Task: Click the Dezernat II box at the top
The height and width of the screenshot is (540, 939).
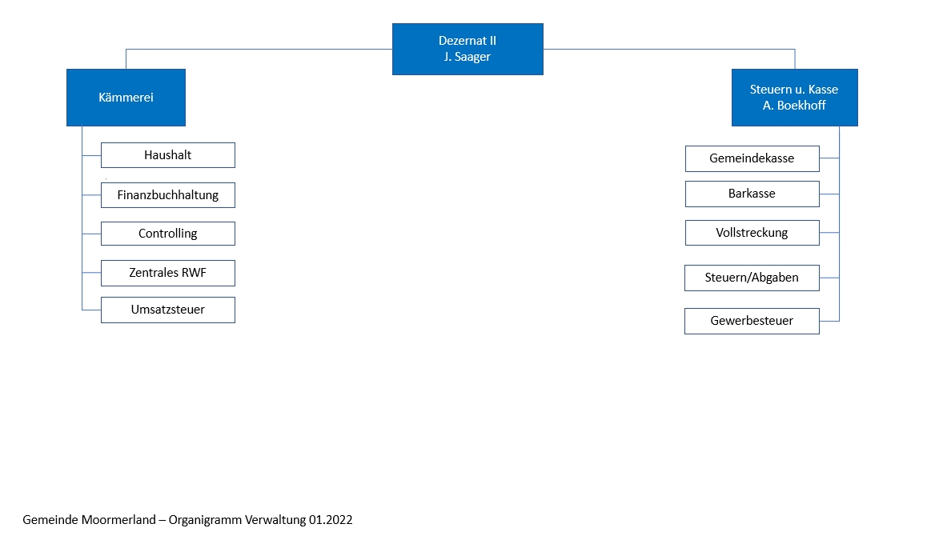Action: point(467,49)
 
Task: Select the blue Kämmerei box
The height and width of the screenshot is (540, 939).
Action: point(126,98)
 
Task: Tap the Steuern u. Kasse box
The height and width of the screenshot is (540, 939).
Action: point(795,98)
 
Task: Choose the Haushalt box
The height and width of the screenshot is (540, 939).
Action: point(167,155)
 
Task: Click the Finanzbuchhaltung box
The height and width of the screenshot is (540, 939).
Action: point(167,195)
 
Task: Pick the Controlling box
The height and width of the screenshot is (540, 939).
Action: point(167,234)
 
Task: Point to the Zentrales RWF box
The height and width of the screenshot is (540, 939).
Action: point(167,273)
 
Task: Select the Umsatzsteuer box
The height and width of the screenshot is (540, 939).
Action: point(167,310)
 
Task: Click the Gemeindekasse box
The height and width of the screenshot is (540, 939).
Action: point(752,158)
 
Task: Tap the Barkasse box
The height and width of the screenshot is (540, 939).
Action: point(752,194)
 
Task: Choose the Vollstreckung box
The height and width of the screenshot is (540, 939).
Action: point(752,233)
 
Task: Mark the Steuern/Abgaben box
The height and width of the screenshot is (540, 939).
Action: point(752,278)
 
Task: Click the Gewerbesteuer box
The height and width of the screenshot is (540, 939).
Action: point(752,321)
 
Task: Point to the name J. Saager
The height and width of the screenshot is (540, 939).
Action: point(467,57)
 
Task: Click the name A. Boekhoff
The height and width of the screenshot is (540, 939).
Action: point(794,106)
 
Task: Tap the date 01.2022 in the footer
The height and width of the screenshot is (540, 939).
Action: point(331,520)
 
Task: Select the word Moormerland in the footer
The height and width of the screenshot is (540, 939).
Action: point(118,520)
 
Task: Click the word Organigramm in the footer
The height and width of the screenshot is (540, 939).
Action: point(206,520)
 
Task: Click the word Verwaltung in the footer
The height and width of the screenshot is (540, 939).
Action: point(275,520)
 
